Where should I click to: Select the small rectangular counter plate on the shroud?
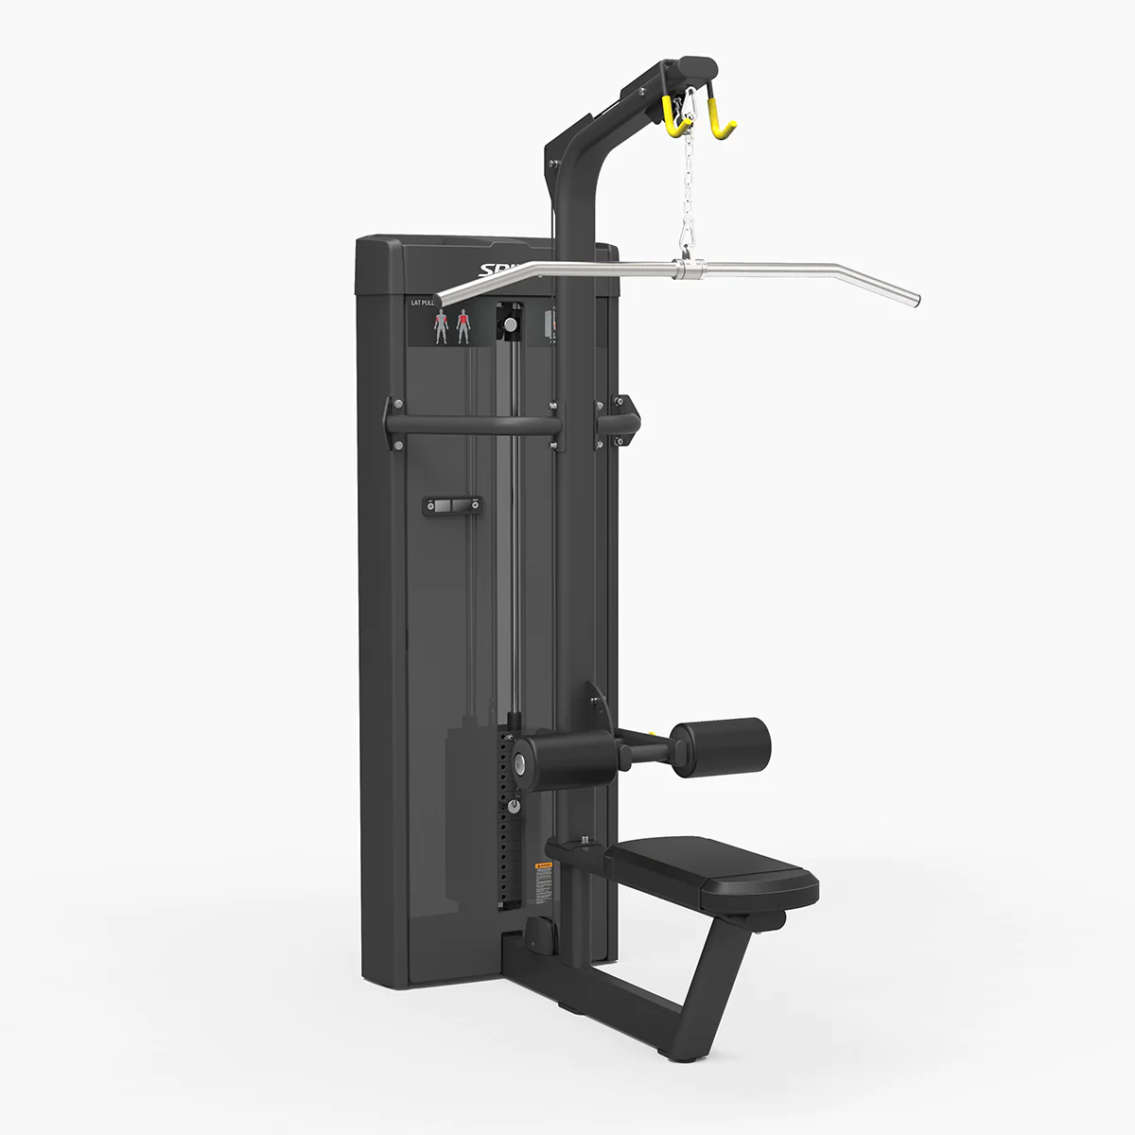click(451, 507)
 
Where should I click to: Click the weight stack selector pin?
click(514, 805)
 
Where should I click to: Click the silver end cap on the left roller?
click(519, 761)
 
